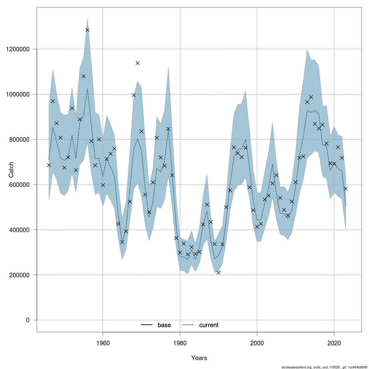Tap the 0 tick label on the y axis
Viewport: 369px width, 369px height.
(x=27, y=320)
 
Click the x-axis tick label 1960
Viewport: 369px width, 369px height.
(x=103, y=343)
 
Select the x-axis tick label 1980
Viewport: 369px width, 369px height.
(x=180, y=343)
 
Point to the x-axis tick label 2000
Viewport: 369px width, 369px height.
(x=257, y=343)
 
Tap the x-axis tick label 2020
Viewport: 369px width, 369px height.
(x=334, y=343)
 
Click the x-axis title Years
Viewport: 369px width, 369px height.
(x=199, y=358)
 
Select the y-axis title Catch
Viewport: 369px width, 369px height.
(x=11, y=170)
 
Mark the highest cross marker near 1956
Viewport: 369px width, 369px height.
(x=87, y=30)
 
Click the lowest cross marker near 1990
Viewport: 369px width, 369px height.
(x=218, y=273)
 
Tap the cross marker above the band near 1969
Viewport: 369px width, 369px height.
(x=137, y=63)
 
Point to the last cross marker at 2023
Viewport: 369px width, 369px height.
(x=346, y=189)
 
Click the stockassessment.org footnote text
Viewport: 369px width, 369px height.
(x=324, y=367)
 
